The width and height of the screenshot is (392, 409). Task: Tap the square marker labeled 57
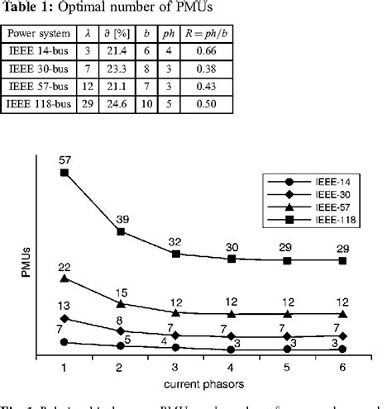[65, 172]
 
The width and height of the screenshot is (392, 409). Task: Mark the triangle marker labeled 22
[65, 278]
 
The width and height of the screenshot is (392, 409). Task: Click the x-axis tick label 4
[232, 365]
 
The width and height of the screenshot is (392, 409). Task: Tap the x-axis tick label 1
[65, 365]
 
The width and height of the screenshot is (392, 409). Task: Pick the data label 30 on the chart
[232, 245]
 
